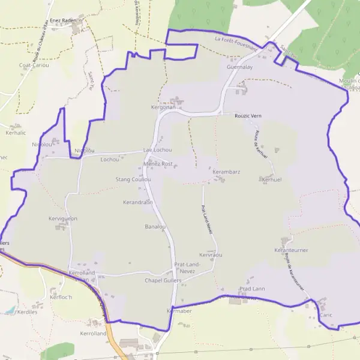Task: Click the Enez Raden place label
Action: [x=63, y=19]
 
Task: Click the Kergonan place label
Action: [x=163, y=107]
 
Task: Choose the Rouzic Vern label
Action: [x=248, y=115]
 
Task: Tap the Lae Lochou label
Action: [x=158, y=149]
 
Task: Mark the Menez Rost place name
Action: [x=158, y=163]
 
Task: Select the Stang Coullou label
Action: [x=133, y=179]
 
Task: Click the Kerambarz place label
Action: [x=226, y=172]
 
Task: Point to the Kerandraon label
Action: [x=137, y=202]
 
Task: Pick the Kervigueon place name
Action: [x=63, y=218]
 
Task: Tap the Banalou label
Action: [x=155, y=227]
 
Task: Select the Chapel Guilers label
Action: [x=163, y=280]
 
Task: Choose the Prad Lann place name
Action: [x=252, y=289]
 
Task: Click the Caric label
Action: [x=326, y=315]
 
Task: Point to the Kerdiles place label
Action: [x=28, y=312]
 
